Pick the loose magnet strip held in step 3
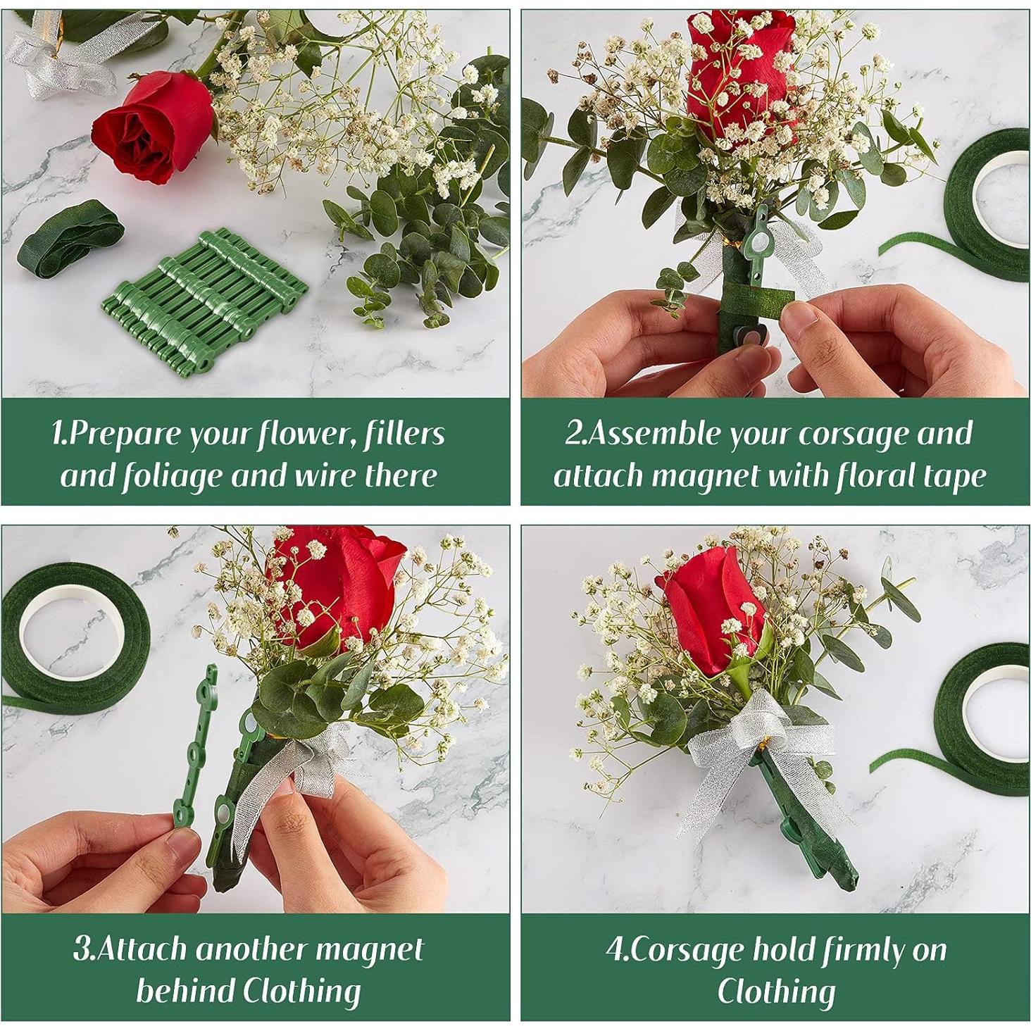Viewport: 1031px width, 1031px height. [194, 746]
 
